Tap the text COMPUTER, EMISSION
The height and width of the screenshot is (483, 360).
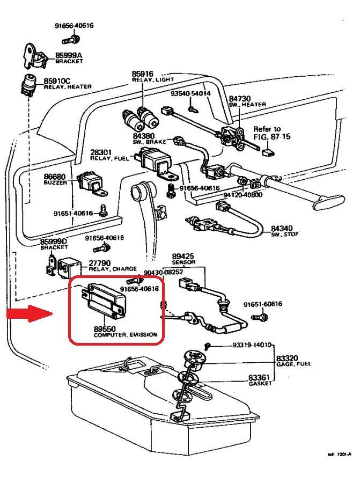coord(126,335)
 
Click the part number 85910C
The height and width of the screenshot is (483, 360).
coord(56,80)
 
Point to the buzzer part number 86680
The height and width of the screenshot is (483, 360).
coord(54,176)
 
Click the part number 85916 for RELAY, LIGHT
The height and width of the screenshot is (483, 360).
coord(142,74)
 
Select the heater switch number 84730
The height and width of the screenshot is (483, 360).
coord(240,99)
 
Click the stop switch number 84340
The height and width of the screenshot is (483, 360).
coord(282,228)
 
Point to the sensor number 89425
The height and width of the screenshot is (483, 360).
coord(182,257)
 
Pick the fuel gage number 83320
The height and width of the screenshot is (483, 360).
coord(287,358)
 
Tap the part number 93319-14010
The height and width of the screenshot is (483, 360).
coord(252,345)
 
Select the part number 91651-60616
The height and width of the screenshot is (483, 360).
coord(262,304)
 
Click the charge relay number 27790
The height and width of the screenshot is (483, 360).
coord(99,263)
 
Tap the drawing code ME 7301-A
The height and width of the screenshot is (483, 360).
coord(339,455)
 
